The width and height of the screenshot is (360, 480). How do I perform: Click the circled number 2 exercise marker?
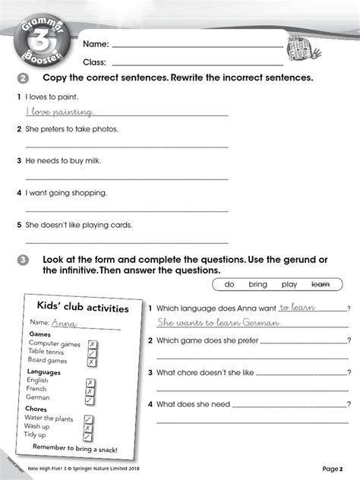tap(22, 79)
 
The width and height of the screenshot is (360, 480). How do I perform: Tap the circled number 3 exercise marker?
tap(22, 261)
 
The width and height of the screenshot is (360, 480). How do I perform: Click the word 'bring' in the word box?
tap(257, 284)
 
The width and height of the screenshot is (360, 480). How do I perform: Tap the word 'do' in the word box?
tap(229, 284)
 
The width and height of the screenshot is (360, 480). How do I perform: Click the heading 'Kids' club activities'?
tap(83, 308)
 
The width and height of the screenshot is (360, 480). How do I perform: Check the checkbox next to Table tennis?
tap(92, 352)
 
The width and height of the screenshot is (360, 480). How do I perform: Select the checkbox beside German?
tap(90, 399)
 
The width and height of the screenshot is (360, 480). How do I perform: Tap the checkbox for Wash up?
tap(88, 428)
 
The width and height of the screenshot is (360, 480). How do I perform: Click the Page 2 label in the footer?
tap(332, 469)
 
